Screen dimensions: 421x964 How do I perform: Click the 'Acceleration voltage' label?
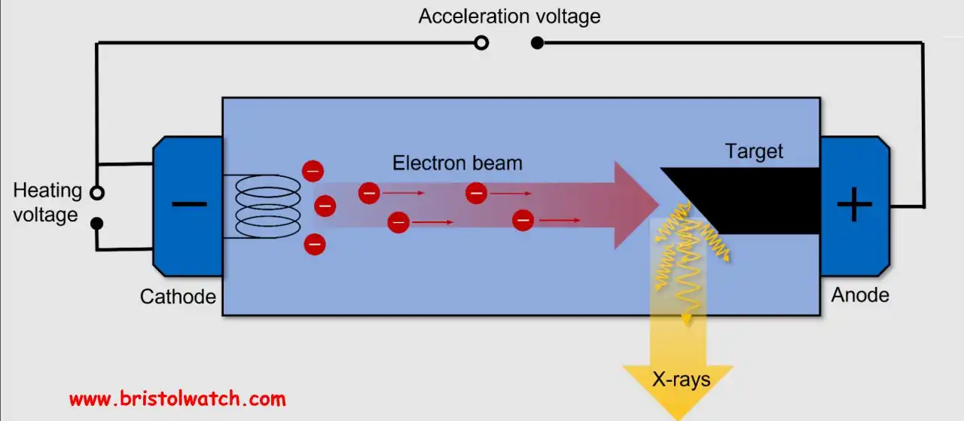(x=509, y=16)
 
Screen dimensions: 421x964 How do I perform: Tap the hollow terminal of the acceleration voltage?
(x=481, y=43)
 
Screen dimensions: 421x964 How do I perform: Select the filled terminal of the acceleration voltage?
(x=537, y=43)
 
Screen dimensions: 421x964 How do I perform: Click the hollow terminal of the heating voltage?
(x=96, y=193)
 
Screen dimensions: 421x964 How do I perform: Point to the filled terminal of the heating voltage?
(x=96, y=223)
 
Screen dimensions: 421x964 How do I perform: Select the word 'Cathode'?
(x=178, y=297)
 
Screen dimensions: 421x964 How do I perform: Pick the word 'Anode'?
(x=860, y=295)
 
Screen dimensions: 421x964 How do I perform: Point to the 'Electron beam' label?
(x=457, y=163)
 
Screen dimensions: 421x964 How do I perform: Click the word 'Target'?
(x=754, y=151)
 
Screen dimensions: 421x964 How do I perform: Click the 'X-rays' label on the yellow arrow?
(x=681, y=380)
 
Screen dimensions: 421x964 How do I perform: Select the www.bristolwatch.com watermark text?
(x=177, y=398)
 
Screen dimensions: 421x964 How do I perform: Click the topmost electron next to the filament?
(x=313, y=171)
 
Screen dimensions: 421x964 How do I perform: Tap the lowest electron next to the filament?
(x=315, y=244)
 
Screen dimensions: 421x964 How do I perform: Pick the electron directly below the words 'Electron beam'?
(x=476, y=193)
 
